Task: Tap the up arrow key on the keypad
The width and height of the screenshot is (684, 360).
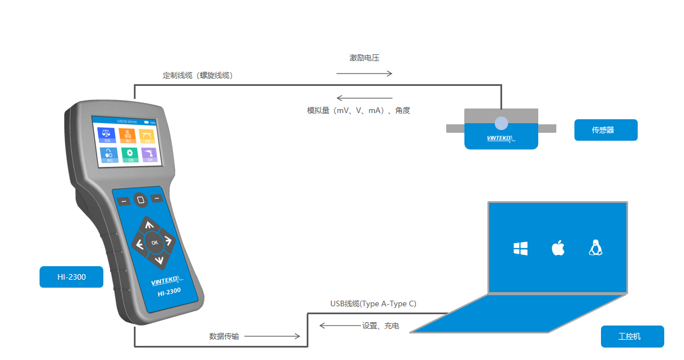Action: click(x=149, y=225)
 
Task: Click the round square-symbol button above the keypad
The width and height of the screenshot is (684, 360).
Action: click(x=141, y=199)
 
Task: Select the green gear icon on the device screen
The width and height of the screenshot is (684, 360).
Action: click(x=129, y=154)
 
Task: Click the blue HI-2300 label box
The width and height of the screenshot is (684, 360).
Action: click(x=71, y=277)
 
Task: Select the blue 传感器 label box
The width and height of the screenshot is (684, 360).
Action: click(x=605, y=130)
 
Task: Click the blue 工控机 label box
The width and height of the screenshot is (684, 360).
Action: click(x=632, y=336)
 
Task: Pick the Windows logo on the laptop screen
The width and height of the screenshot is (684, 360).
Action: click(x=520, y=248)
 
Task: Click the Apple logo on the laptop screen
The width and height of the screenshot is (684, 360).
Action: click(x=558, y=248)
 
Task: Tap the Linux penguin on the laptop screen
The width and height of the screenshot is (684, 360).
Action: click(x=595, y=248)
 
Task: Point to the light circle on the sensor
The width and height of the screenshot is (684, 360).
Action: click(x=501, y=123)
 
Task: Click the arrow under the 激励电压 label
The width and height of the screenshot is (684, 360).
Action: click(x=364, y=73)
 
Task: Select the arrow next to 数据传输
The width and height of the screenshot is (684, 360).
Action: click(x=272, y=336)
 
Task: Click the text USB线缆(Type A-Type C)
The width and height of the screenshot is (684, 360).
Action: click(x=373, y=304)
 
